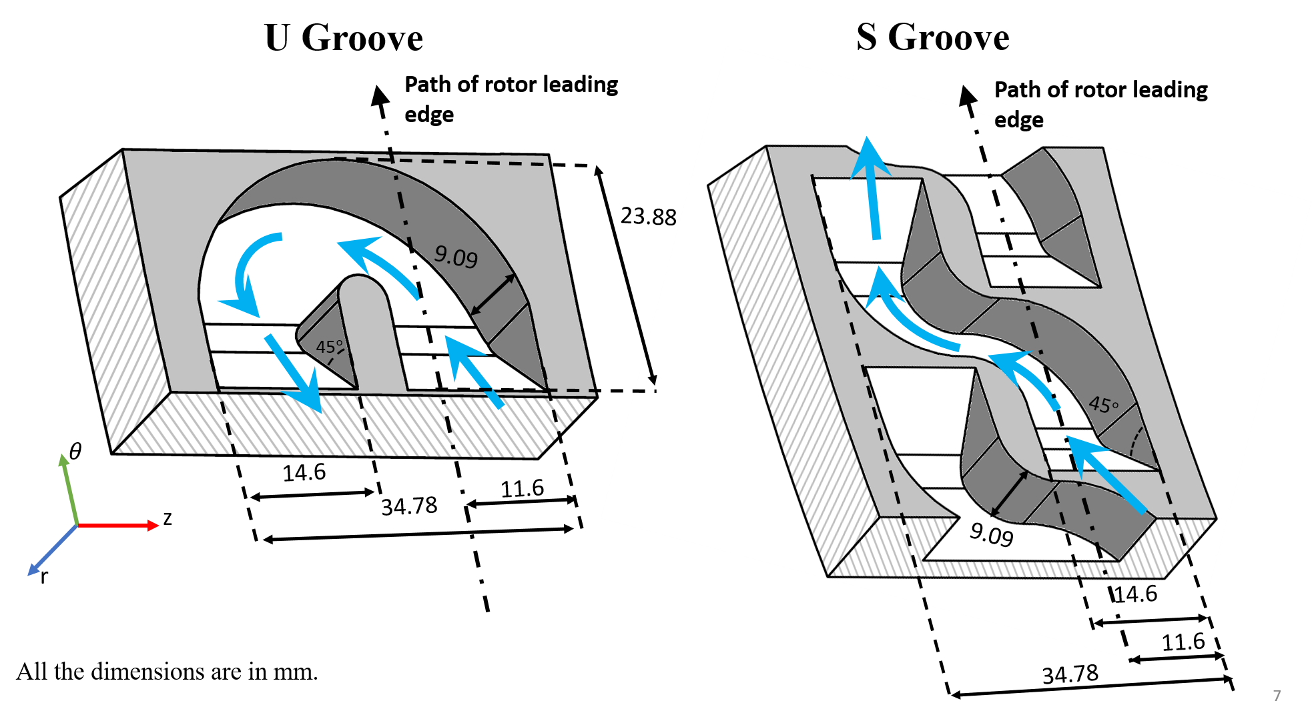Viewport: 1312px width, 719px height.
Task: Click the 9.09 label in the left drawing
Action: (456, 256)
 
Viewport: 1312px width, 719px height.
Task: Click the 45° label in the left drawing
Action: (329, 347)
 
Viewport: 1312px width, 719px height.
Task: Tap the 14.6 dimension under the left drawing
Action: (304, 471)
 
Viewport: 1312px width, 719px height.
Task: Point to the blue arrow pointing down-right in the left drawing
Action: (293, 373)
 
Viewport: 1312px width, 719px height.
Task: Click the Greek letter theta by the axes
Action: (75, 452)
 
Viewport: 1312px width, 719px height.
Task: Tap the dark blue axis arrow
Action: (52, 550)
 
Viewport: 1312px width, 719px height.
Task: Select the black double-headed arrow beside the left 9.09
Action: (493, 294)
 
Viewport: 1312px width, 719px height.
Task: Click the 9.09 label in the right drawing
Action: (991, 534)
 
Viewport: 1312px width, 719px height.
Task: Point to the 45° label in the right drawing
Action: (1103, 404)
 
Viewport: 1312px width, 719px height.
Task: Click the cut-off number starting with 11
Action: (1176, 642)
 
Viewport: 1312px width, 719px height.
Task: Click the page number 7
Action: (1277, 696)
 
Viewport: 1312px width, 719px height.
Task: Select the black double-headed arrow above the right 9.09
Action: (1010, 493)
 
